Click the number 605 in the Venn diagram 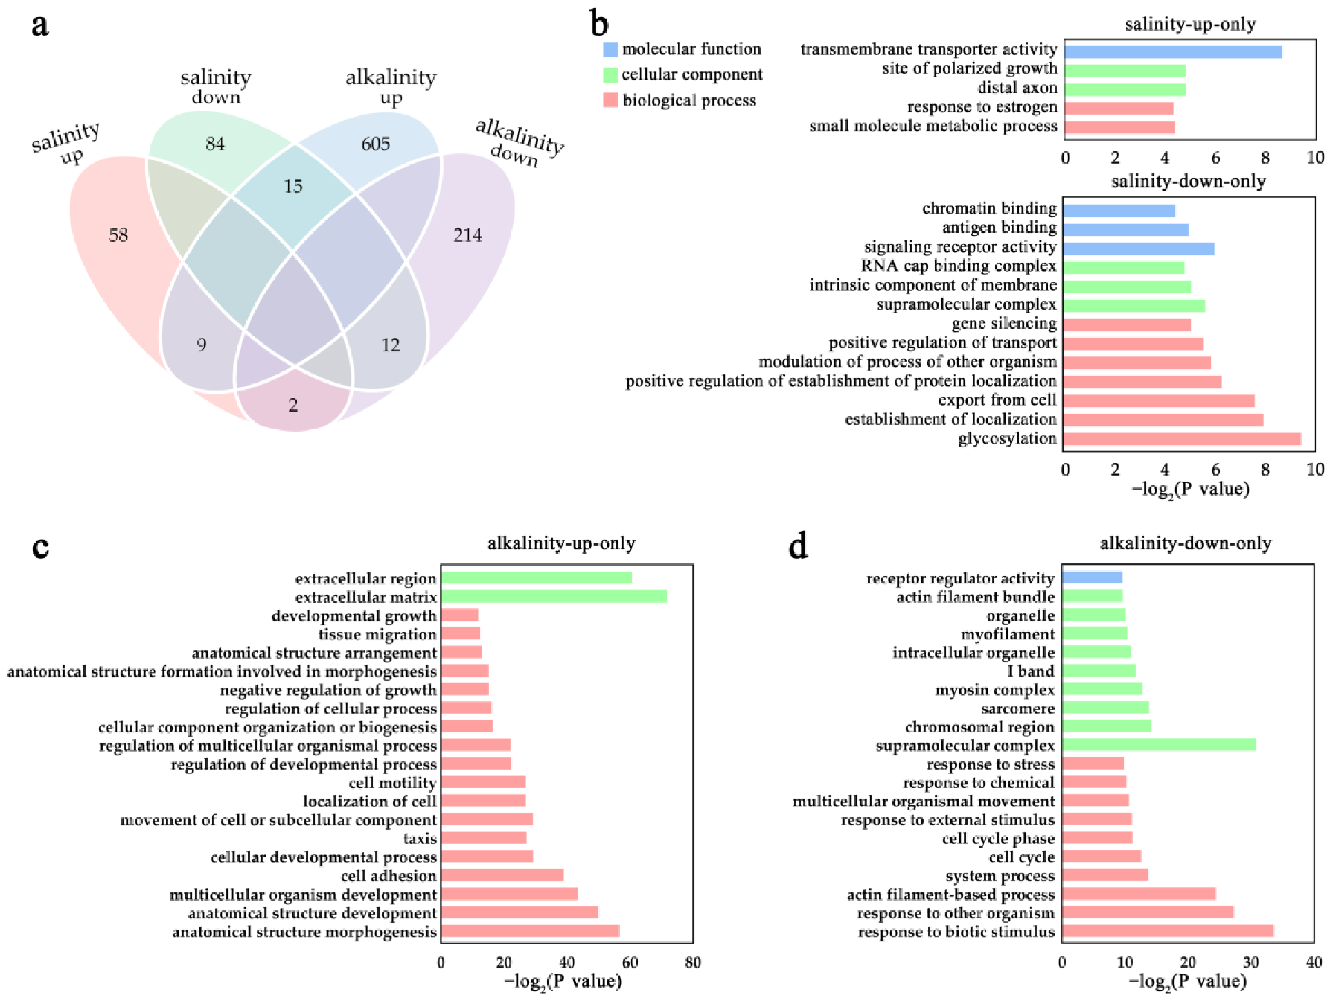tap(375, 144)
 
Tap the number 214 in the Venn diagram tap(467, 235)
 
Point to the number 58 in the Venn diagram tap(118, 235)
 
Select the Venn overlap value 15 tap(293, 186)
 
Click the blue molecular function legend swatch tap(610, 50)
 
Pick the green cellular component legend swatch tap(610, 75)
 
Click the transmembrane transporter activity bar tap(1172, 52)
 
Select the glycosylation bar tap(1181, 439)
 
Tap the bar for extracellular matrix tap(553, 596)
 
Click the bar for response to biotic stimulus tap(1167, 931)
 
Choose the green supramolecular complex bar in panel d tap(1158, 745)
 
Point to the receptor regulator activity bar tap(1092, 578)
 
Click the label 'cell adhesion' tap(389, 876)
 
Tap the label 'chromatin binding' tap(989, 208)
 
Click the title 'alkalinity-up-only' tap(561, 543)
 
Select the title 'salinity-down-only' tap(1188, 182)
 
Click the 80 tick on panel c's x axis tap(692, 962)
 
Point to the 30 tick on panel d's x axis tap(1250, 962)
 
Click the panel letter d tap(798, 547)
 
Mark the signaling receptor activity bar tap(1138, 249)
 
